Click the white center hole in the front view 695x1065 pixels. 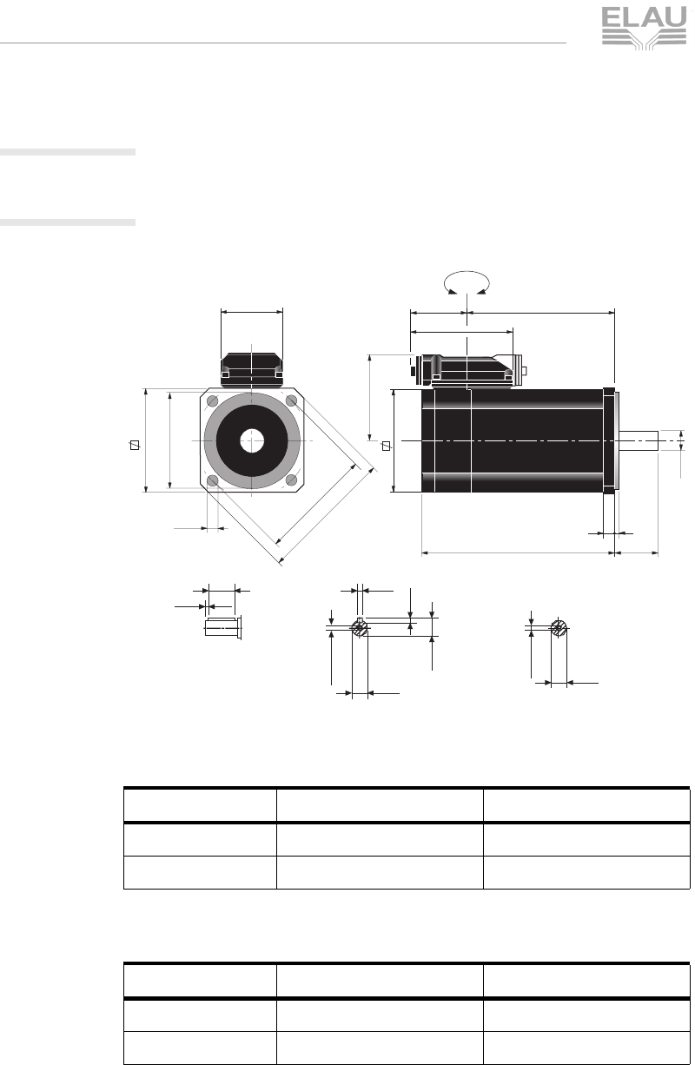coord(252,440)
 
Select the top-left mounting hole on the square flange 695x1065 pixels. coord(212,400)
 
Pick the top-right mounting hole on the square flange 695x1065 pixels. coord(292,400)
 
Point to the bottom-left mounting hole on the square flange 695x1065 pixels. coord(212,480)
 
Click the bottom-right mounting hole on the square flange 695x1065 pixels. coord(292,480)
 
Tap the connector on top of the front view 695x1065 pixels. coord(252,368)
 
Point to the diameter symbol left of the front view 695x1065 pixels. coord(134,446)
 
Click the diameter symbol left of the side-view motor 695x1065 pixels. coord(385,446)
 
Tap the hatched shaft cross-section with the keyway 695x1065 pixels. coord(360,629)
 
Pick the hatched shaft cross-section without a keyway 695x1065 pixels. coord(559,627)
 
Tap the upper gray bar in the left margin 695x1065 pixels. coord(68,153)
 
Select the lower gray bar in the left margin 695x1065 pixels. coord(68,222)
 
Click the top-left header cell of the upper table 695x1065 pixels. coord(199,805)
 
